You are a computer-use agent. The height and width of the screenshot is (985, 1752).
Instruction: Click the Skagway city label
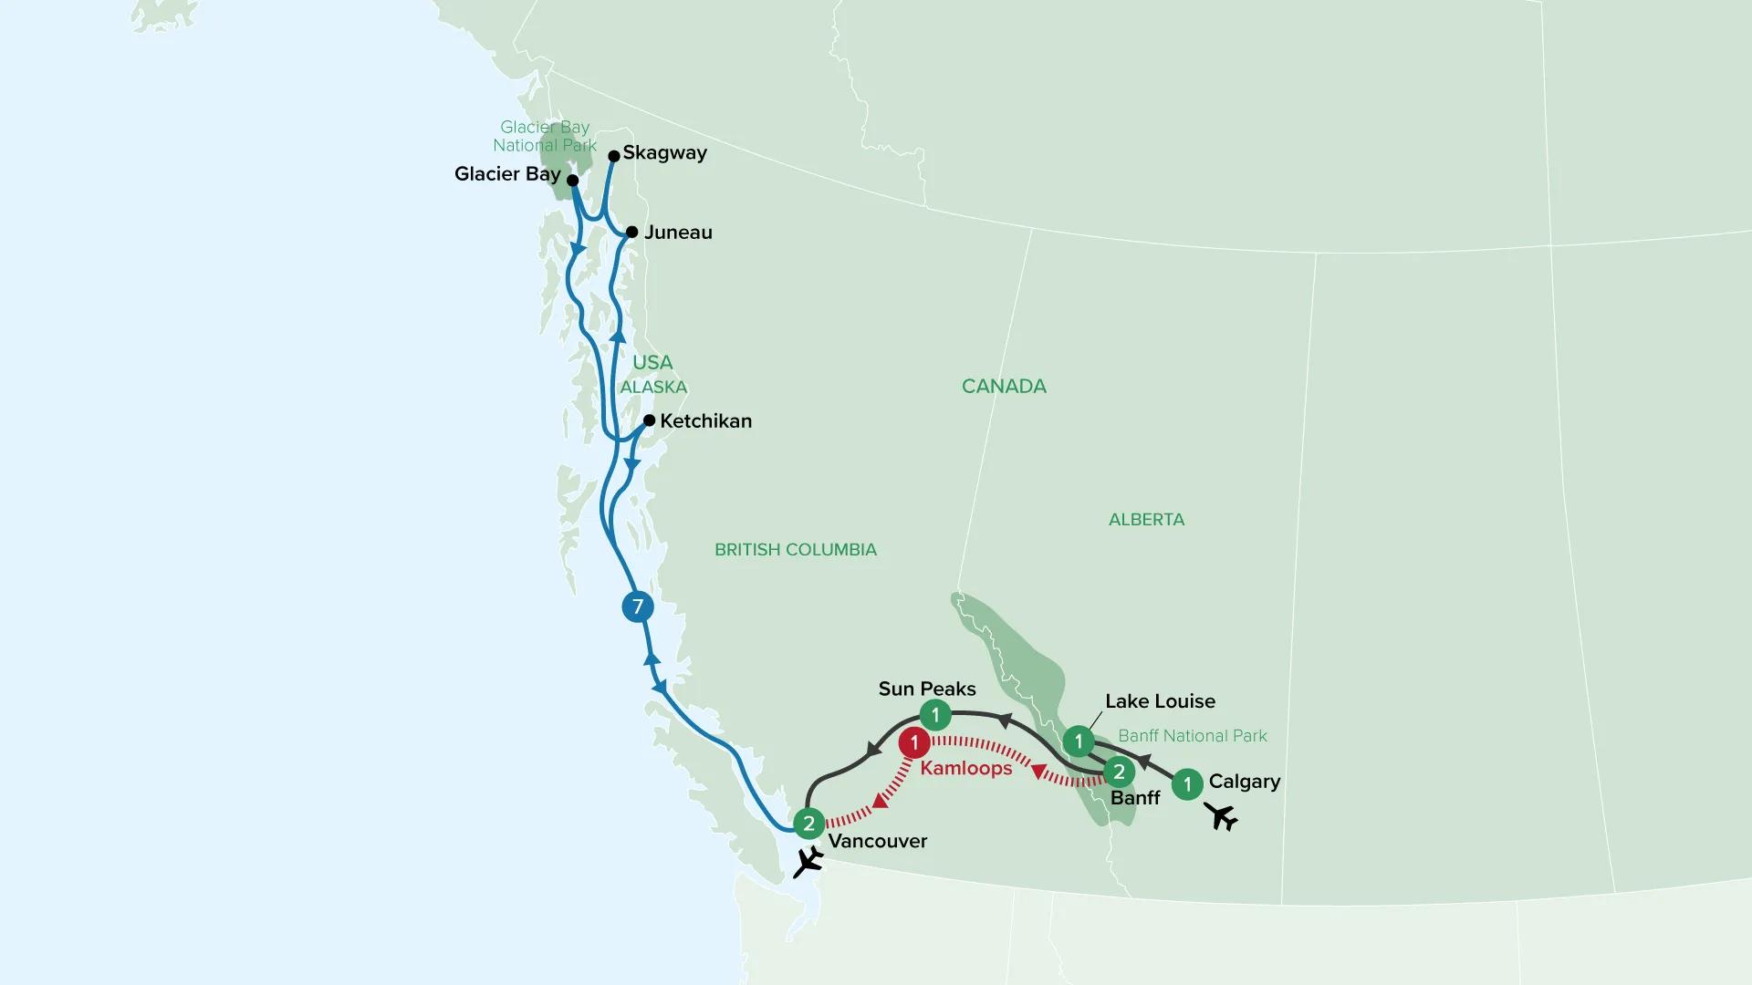[664, 153]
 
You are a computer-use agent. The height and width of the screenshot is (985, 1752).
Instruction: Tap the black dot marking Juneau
[631, 232]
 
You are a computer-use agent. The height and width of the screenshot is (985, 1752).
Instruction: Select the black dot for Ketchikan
[649, 420]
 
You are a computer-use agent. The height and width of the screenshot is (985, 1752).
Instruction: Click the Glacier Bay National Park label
[545, 136]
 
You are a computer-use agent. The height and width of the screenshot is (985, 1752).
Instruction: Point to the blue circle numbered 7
[638, 607]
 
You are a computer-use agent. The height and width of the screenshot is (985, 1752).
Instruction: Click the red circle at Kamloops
[913, 743]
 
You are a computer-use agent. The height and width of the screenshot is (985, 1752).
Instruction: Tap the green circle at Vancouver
[808, 824]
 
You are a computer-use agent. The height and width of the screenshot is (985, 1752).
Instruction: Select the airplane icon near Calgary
[1221, 816]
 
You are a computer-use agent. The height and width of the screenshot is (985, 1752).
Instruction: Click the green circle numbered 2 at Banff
[1119, 772]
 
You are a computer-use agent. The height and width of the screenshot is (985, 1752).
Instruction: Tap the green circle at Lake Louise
[1079, 741]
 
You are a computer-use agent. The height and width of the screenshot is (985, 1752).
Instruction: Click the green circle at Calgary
[1186, 783]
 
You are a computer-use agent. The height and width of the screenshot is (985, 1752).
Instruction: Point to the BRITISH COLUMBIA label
[795, 549]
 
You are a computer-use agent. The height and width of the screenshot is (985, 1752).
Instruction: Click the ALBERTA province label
[1146, 520]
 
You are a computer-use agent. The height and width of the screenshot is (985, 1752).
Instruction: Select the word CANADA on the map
[1004, 387]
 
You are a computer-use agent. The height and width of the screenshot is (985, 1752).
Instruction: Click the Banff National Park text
[1192, 736]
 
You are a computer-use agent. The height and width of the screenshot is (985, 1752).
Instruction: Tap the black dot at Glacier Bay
[573, 181]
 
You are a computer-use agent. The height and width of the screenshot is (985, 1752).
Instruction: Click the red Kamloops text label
[965, 769]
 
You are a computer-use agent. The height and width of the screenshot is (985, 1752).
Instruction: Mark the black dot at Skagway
[614, 156]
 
